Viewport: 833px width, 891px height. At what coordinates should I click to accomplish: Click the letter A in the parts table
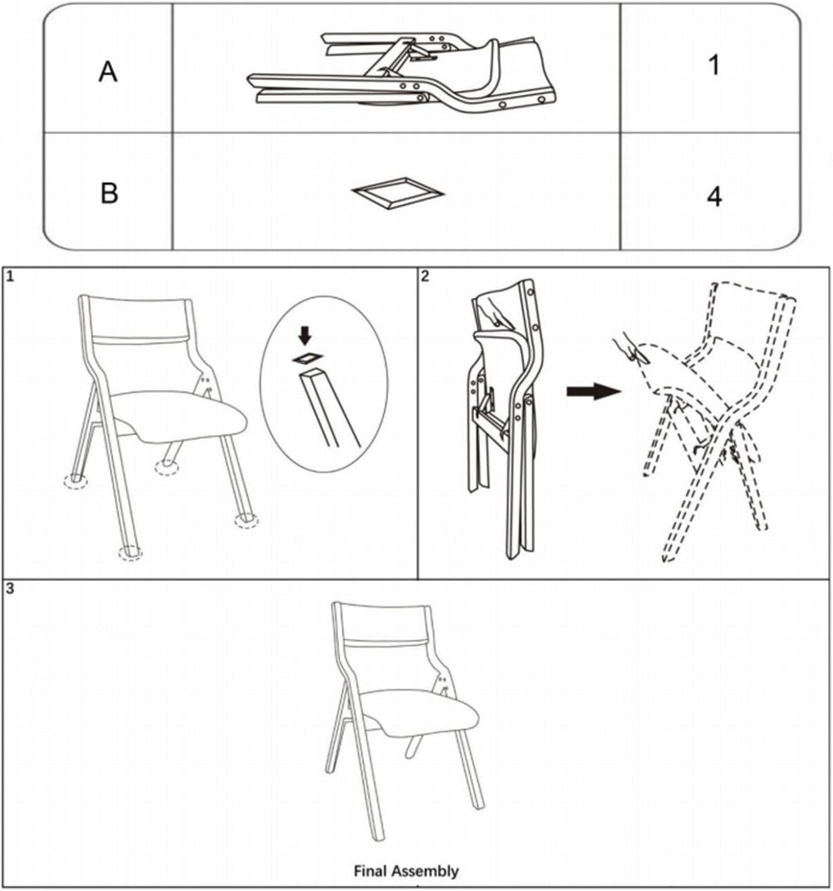[x=108, y=72]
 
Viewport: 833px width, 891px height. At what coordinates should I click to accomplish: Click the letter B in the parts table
[x=110, y=193]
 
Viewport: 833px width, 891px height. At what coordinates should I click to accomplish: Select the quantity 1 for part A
[x=714, y=65]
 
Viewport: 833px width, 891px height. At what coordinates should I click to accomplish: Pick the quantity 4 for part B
[x=715, y=197]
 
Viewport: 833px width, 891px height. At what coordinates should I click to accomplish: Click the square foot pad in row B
[x=398, y=193]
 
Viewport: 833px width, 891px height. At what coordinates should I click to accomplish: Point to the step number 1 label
[x=10, y=277]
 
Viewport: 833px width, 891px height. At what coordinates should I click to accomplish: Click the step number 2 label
[x=425, y=276]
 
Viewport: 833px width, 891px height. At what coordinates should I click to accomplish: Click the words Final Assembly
[x=406, y=871]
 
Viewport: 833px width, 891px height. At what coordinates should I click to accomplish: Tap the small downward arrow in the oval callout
[x=305, y=336]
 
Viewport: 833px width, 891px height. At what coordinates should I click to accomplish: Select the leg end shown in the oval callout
[x=330, y=408]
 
